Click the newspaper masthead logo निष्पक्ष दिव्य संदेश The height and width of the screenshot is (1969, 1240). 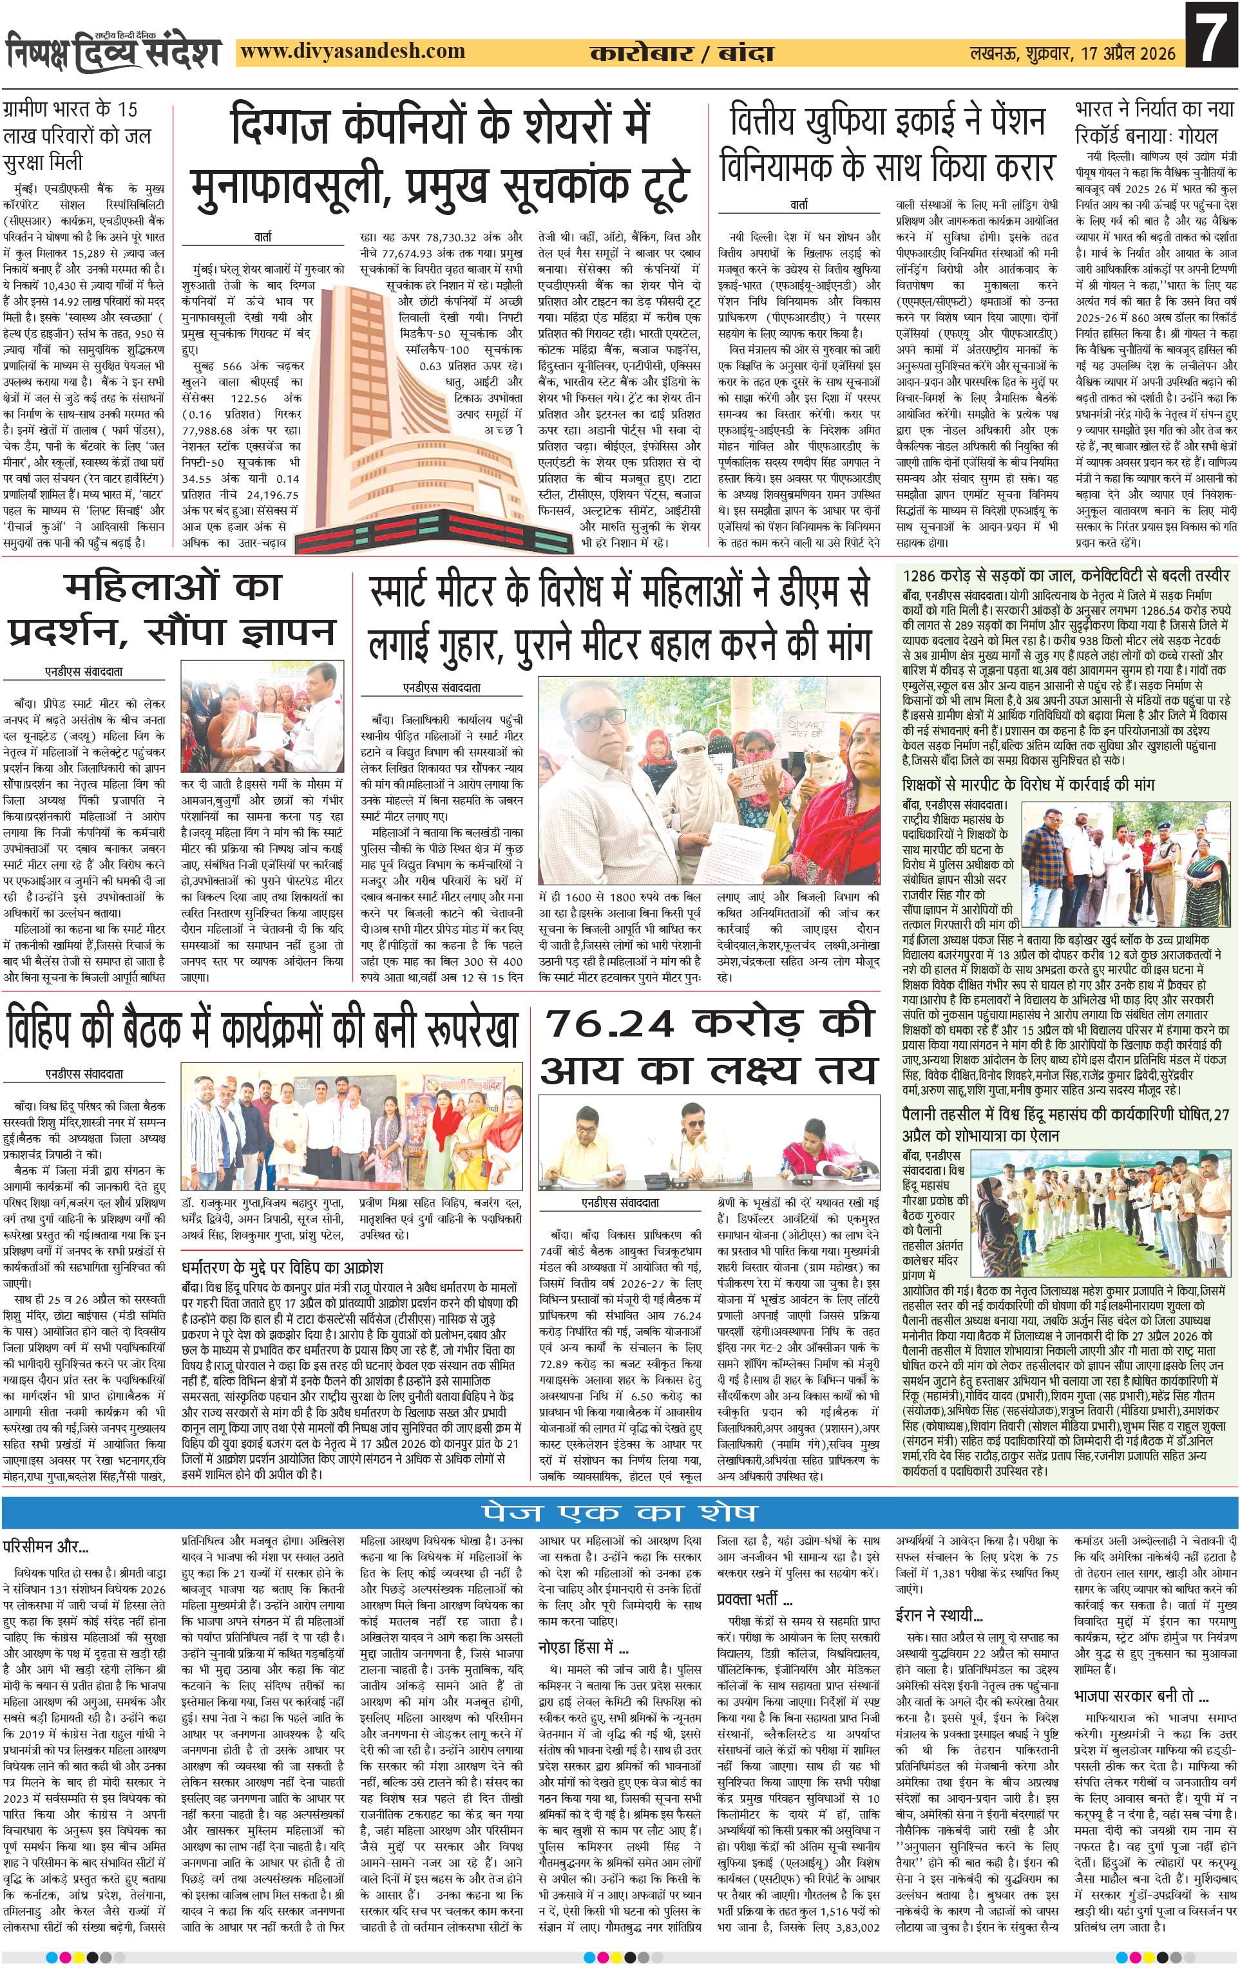[x=114, y=52]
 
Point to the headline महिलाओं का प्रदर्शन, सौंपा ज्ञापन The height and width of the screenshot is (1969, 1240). [x=172, y=609]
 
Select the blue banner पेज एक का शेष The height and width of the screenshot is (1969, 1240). [x=619, y=1511]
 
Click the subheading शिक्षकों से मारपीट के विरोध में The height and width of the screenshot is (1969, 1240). [x=1027, y=784]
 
